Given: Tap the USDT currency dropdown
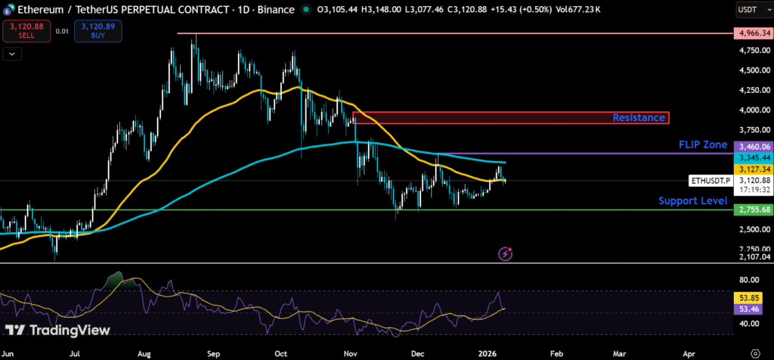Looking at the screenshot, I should click(x=751, y=10).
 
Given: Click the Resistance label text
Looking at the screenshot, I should click(x=639, y=117).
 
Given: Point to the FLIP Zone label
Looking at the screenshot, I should click(x=702, y=144).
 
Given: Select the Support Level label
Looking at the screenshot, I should click(x=692, y=200).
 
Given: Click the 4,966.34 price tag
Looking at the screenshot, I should click(x=754, y=34).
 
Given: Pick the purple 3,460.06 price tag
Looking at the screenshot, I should click(x=754, y=147).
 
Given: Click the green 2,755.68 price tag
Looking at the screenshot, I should click(x=754, y=209).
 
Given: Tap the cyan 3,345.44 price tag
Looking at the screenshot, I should click(x=754, y=157).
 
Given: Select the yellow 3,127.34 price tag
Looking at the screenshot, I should click(x=754, y=170).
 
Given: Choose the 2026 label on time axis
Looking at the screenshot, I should click(x=486, y=352).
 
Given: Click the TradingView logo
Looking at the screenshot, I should click(x=57, y=331).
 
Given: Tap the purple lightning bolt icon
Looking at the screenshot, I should click(x=506, y=254).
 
